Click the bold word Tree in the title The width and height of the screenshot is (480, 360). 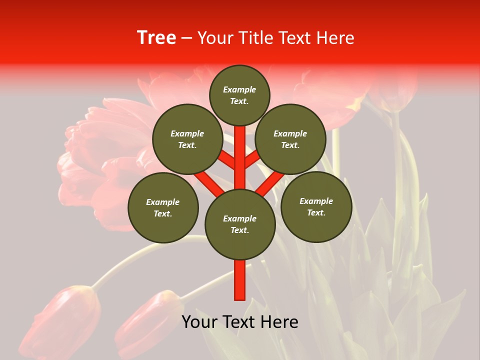click(156, 38)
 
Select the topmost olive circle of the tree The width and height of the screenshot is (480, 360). click(239, 95)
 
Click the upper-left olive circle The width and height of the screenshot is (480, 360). click(187, 139)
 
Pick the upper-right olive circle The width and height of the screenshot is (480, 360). click(290, 139)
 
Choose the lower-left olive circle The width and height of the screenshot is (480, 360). click(163, 207)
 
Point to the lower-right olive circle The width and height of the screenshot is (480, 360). click(316, 206)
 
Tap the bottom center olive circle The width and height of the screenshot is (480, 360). click(240, 224)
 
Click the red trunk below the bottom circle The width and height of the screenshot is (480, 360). click(240, 280)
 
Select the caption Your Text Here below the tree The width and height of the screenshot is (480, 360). click(240, 322)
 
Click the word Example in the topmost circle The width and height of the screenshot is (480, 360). click(239, 89)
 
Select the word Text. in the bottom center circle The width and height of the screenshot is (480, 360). click(239, 230)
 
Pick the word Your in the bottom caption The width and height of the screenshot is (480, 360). click(199, 322)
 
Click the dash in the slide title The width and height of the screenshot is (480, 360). click(186, 38)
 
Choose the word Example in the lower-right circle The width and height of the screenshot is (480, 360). click(316, 201)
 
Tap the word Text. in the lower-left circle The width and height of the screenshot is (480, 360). click(163, 213)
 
